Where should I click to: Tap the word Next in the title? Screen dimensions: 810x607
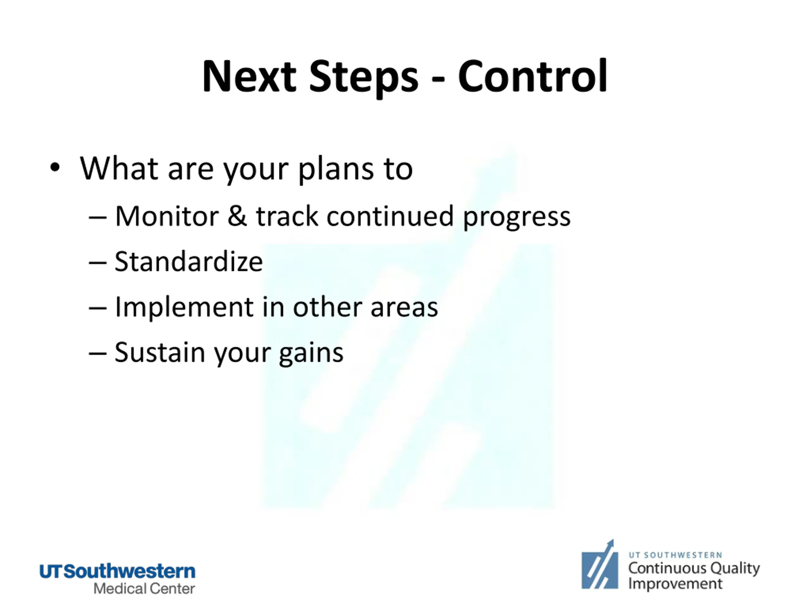coord(249,77)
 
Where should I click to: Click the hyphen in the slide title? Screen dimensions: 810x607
coord(438,79)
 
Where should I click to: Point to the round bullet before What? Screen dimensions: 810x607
coord(55,168)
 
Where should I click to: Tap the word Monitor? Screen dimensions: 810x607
coord(167,216)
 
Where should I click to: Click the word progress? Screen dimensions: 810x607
coord(517,218)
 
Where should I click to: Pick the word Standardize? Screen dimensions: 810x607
coord(189,261)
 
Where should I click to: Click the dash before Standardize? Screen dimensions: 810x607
coord(98,263)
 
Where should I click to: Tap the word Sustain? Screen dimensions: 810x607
coord(160,353)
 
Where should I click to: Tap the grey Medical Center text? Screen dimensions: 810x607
coord(144,589)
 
